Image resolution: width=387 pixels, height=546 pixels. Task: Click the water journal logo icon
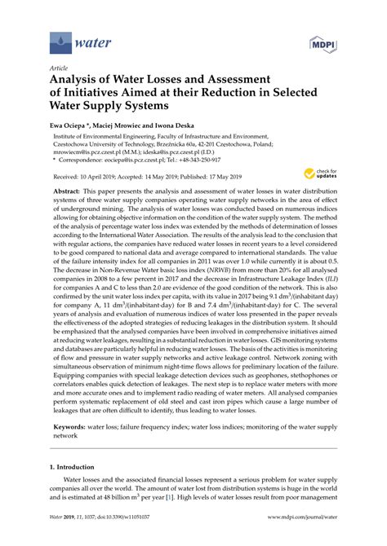(59, 39)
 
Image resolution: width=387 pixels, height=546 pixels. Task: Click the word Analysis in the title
(77, 81)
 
